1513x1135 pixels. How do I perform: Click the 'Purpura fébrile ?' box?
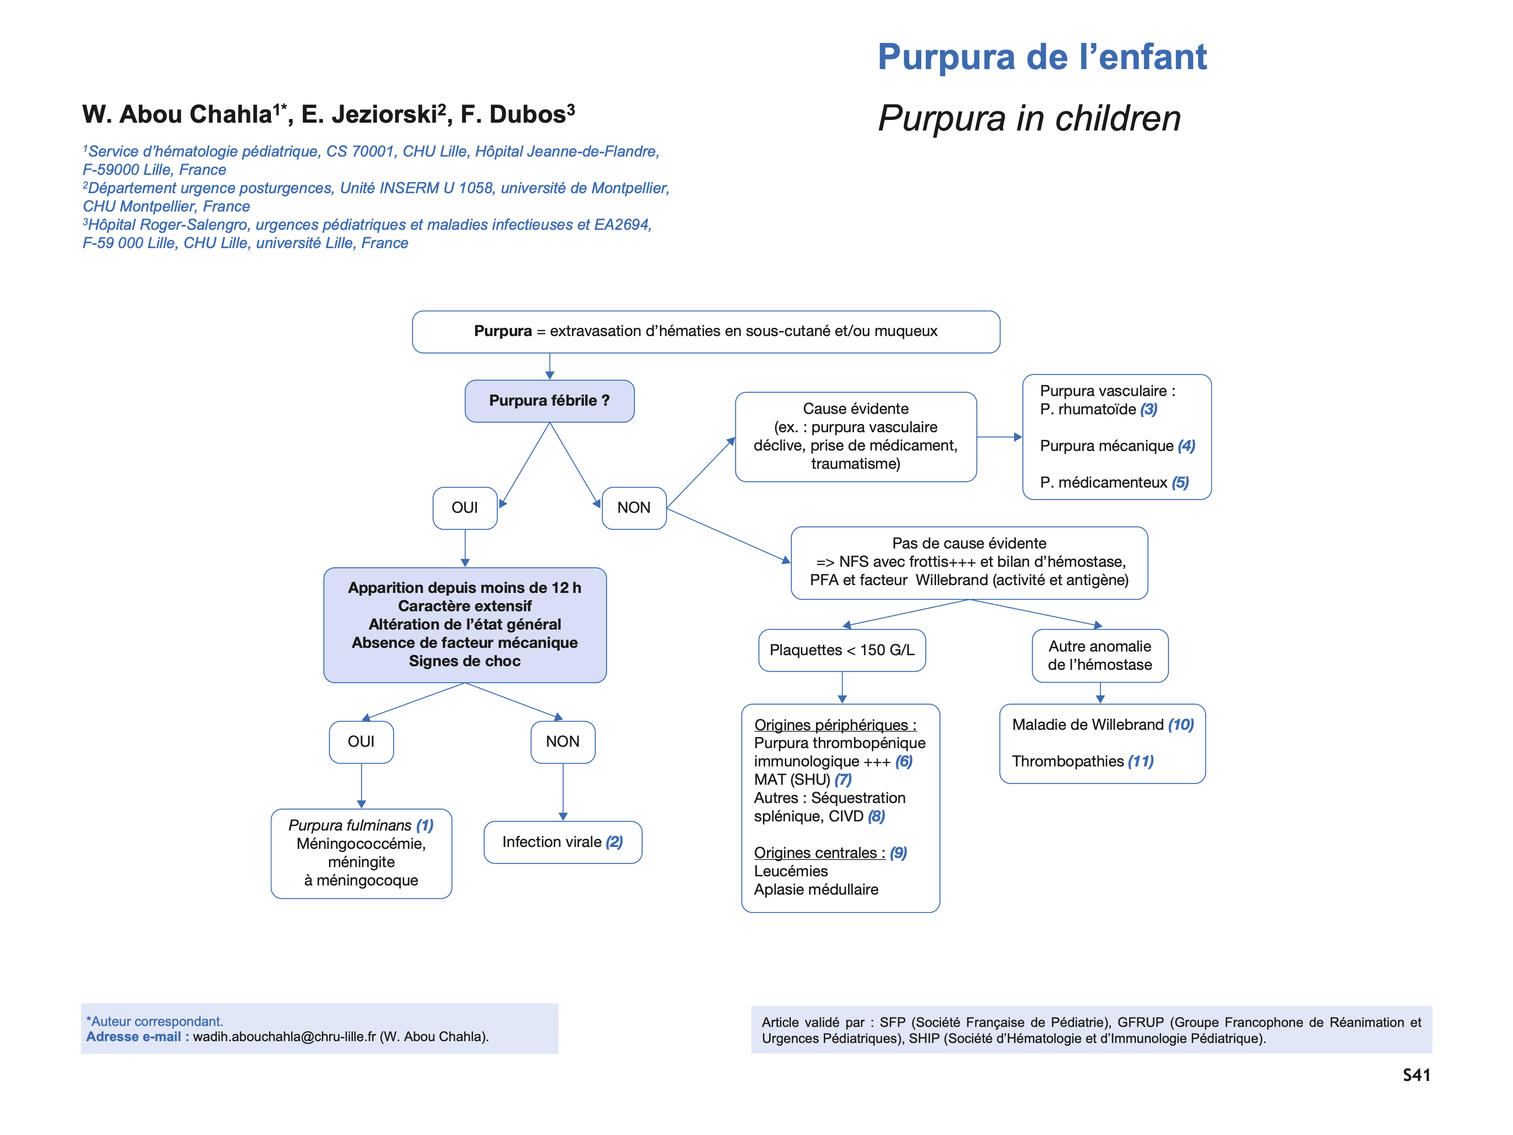[549, 401]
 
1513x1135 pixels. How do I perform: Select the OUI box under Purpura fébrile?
[465, 508]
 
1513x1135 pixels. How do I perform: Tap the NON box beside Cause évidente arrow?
[633, 508]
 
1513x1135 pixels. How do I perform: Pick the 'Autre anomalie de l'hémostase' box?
[1100, 656]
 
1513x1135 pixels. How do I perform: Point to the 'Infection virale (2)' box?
[562, 842]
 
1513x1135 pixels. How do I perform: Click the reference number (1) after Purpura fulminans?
[425, 826]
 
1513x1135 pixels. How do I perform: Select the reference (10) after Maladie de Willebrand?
[1181, 724]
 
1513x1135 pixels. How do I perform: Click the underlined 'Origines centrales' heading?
[819, 853]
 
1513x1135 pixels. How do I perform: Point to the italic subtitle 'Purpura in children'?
[1029, 119]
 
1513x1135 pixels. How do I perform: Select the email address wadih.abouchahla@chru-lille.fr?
[284, 1037]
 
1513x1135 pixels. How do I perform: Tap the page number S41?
[1416, 1075]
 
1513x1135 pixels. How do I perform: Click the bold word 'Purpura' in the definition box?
[503, 331]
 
